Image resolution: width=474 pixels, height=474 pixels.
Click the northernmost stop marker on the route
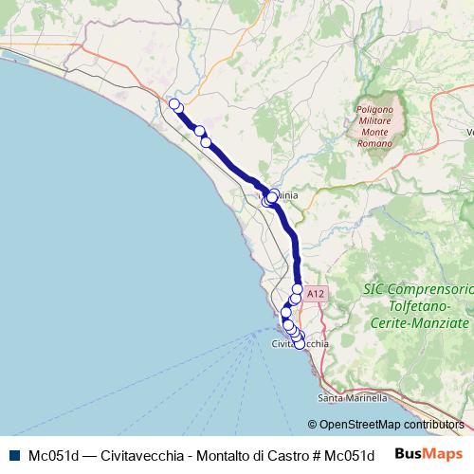(173, 103)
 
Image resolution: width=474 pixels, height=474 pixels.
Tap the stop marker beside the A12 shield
(298, 289)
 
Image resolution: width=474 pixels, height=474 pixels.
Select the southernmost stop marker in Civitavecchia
(301, 344)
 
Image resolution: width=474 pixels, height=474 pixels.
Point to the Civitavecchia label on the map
(300, 345)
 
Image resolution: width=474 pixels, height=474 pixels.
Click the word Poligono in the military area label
(375, 110)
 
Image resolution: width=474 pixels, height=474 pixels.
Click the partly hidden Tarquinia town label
(286, 195)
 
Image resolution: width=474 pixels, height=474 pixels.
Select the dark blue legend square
(13, 454)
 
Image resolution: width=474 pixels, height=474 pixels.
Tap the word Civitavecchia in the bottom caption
(140, 454)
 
